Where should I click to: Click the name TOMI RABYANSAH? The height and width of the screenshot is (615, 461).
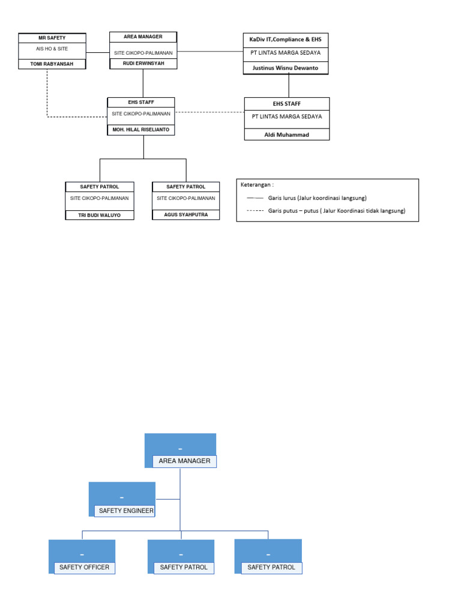[52, 64]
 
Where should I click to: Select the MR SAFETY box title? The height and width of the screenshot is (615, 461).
[52, 38]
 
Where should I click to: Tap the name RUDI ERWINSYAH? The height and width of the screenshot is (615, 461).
[143, 63]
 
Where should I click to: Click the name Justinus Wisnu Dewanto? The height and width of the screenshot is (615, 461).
[286, 68]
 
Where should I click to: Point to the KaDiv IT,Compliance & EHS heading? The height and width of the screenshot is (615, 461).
[286, 39]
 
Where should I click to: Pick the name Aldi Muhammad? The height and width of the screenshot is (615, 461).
[286, 135]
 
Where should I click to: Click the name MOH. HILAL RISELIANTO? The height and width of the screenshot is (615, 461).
[141, 129]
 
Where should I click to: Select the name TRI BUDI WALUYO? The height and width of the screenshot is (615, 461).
[100, 214]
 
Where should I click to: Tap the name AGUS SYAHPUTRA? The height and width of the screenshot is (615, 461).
[185, 214]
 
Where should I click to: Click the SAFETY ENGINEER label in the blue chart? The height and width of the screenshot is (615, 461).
[126, 511]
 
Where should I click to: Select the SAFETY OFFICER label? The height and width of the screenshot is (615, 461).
[85, 567]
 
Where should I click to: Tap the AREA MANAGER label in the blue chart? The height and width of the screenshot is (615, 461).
[184, 461]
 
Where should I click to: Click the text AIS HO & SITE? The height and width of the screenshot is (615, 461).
[52, 48]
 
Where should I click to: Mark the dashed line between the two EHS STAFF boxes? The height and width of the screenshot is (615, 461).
[209, 112]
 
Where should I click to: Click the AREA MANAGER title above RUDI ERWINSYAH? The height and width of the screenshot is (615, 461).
[143, 37]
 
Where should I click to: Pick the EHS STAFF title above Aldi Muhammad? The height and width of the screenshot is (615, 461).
[286, 104]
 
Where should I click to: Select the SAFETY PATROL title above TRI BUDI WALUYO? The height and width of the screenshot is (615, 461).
[100, 187]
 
